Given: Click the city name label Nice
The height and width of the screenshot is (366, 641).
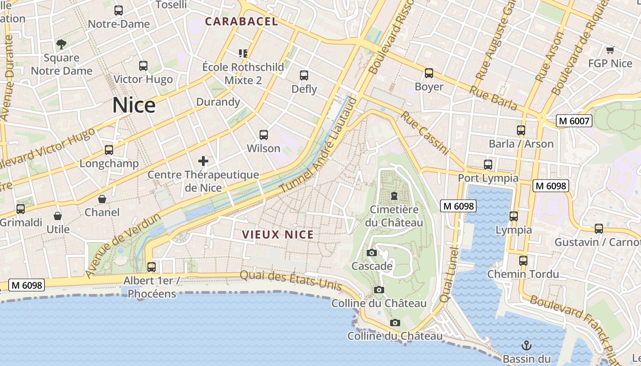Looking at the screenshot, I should (134, 105).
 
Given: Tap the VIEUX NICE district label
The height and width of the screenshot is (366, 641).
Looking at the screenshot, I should (278, 235).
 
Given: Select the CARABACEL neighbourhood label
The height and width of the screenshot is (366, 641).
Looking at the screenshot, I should (241, 22).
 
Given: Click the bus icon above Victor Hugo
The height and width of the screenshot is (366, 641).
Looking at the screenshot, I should (143, 66).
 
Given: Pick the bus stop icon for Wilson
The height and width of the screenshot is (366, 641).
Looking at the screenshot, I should (264, 135).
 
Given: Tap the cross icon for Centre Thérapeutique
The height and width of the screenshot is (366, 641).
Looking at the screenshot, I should (203, 161).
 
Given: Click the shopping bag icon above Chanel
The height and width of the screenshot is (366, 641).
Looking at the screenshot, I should (102, 199).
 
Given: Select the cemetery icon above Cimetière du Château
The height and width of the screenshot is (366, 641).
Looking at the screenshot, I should (394, 196).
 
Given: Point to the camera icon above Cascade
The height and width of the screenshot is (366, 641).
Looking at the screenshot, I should (372, 253).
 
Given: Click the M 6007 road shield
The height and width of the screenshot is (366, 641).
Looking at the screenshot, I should (575, 121).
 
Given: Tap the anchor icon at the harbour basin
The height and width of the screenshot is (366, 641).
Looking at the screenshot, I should (527, 345).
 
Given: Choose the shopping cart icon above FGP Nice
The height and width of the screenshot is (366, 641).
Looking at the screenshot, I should (610, 50).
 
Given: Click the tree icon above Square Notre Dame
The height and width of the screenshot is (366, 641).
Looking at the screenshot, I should (61, 44).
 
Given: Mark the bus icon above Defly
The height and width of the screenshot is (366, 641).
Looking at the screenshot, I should (304, 75).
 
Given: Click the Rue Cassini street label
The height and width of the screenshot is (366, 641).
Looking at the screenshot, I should (424, 133).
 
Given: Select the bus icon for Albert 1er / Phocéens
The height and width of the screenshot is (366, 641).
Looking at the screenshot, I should (152, 267).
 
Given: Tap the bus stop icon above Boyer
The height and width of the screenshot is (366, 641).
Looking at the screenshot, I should (429, 73).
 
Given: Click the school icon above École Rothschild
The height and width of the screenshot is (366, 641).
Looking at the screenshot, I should (243, 54).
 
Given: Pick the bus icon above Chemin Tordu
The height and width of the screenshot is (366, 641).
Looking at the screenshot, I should (523, 261).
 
